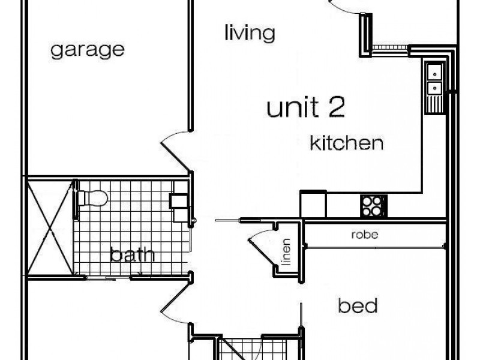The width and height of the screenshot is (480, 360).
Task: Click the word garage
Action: (88, 50)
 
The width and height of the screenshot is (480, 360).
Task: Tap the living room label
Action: (250, 33)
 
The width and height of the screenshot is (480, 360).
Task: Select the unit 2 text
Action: (306, 107)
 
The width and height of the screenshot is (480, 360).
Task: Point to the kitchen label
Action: (347, 143)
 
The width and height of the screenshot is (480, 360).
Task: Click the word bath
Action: (132, 254)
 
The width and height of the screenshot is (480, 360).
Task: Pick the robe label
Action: (365, 235)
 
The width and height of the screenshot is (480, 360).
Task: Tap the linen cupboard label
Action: (286, 251)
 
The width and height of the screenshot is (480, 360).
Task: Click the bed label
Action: (358, 305)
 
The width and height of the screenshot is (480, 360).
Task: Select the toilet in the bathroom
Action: (92, 197)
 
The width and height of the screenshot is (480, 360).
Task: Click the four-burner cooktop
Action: (373, 206)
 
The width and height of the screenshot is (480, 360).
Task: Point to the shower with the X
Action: (50, 228)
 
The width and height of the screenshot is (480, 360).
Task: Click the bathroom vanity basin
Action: (179, 202)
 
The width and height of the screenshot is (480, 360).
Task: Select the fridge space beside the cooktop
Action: (313, 204)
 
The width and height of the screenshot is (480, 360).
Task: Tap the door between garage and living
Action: (175, 151)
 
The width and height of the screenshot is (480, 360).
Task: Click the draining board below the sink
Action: (434, 103)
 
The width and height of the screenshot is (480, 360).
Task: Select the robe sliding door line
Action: (375, 247)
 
